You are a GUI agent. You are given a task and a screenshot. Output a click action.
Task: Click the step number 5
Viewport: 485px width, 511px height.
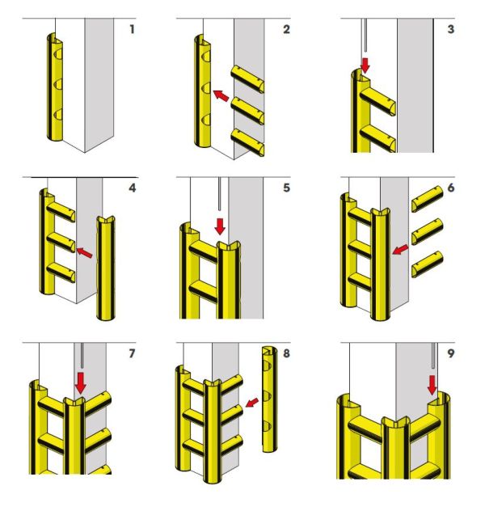[x=285, y=191]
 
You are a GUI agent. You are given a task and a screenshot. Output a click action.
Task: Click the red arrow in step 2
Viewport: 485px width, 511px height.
[x=220, y=97]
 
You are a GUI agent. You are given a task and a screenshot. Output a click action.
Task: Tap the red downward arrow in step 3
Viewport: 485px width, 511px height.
[x=365, y=64]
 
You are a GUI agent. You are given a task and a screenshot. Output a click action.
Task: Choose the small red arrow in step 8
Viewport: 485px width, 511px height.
[x=252, y=402]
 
